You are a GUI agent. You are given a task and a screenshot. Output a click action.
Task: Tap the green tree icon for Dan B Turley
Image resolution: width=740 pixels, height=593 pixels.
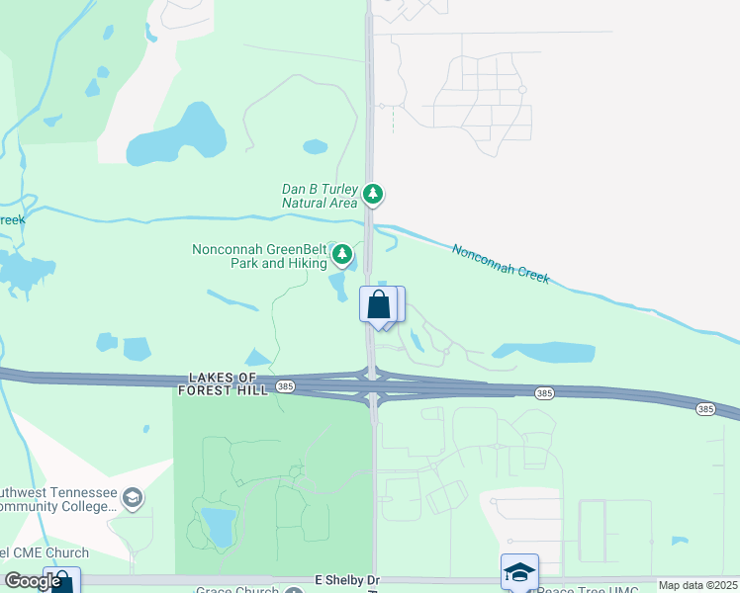click(373, 194)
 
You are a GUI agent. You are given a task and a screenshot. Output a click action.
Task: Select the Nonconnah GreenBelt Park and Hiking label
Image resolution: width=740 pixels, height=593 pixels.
click(259, 257)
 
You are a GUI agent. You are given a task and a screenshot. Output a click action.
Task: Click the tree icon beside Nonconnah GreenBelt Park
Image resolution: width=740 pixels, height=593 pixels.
click(342, 256)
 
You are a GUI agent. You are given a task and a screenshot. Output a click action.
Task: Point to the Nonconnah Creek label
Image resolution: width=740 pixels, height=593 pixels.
click(501, 264)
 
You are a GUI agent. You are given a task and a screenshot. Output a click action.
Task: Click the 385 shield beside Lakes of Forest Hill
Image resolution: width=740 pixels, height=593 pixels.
click(286, 385)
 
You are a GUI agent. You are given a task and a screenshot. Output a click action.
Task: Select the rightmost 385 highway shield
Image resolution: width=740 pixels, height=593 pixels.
click(704, 408)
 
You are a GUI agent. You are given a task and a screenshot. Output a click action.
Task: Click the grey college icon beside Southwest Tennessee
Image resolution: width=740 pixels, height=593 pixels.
click(133, 497)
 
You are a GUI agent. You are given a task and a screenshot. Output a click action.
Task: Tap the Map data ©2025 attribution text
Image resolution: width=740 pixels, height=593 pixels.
click(697, 585)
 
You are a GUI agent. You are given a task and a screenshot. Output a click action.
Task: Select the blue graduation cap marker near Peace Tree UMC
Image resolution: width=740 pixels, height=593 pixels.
click(519, 572)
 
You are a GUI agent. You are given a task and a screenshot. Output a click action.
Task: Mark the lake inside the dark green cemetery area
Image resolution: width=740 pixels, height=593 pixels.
click(219, 525)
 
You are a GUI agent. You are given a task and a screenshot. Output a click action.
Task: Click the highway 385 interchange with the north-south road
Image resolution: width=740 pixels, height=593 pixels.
click(372, 386)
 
